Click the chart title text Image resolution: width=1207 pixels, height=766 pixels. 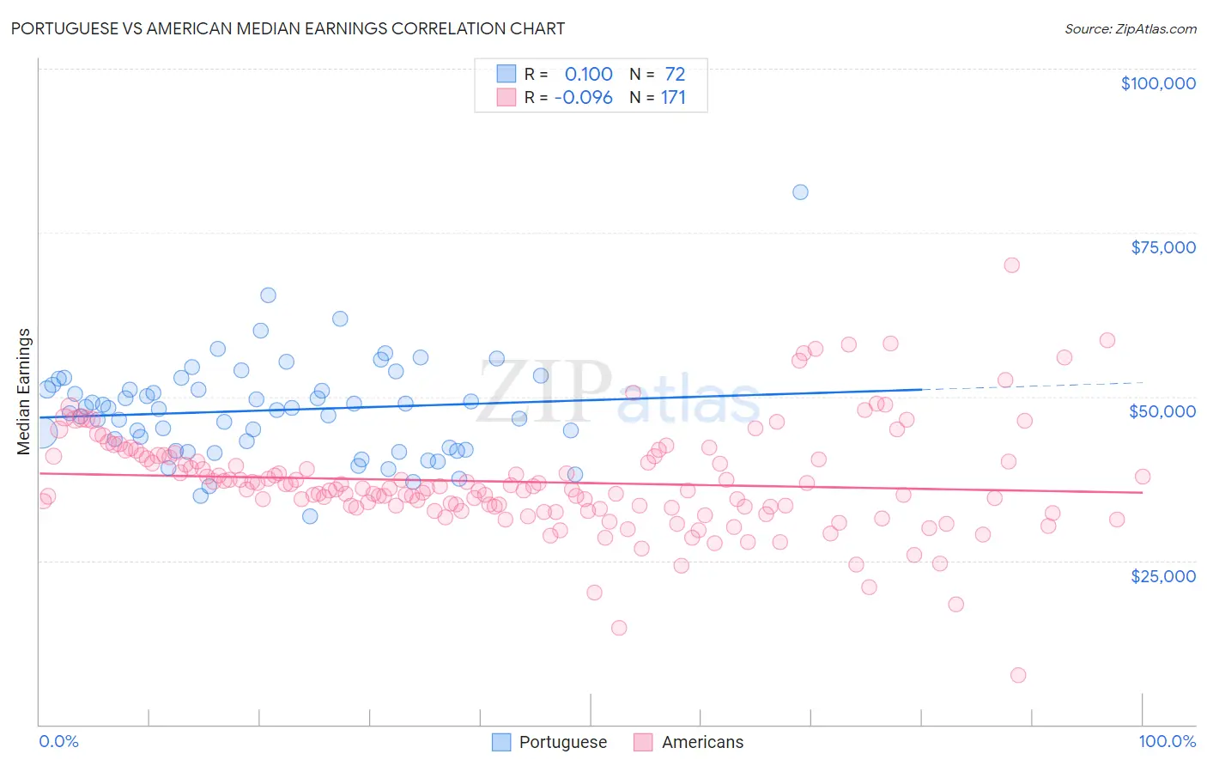[288, 28]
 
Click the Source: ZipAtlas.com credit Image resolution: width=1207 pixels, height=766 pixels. [1130, 28]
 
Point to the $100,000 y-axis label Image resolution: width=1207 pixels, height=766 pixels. [1158, 83]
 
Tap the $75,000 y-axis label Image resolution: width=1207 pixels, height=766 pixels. [1162, 247]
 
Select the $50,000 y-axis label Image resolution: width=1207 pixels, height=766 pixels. [1162, 411]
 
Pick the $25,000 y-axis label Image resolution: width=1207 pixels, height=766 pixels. [1162, 575]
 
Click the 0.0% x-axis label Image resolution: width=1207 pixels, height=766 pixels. [58, 741]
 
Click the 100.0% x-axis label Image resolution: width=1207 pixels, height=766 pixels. [1167, 741]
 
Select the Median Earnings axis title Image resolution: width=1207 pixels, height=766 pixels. [24, 391]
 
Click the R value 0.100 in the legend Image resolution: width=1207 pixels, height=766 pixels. [588, 75]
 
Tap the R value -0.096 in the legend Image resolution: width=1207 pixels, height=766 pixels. [584, 98]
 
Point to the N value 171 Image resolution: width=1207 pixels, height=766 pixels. [673, 98]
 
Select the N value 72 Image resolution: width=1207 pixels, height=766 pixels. [675, 75]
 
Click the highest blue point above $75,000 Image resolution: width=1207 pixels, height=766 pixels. [800, 192]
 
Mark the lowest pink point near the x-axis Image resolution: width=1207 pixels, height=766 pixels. [1018, 675]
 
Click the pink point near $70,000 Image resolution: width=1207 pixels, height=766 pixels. [1011, 265]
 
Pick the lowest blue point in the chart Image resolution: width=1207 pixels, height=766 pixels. [310, 516]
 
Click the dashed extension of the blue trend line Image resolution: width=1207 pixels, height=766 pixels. [1030, 386]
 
